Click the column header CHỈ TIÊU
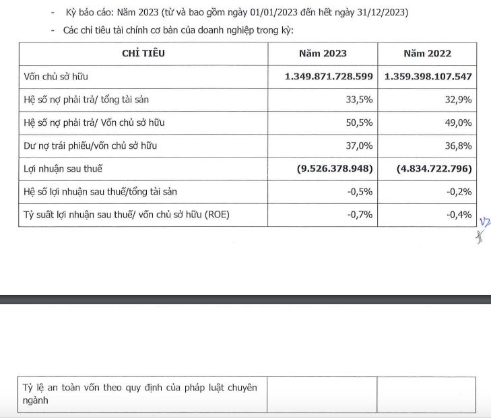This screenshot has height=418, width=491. (143, 53)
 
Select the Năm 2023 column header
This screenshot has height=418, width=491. (323, 53)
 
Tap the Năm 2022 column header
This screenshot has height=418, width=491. (427, 53)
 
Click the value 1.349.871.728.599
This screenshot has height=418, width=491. (329, 77)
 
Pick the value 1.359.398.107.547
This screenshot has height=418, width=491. (428, 77)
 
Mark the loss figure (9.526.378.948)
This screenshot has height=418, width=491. (335, 168)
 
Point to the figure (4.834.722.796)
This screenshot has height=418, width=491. (434, 168)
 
